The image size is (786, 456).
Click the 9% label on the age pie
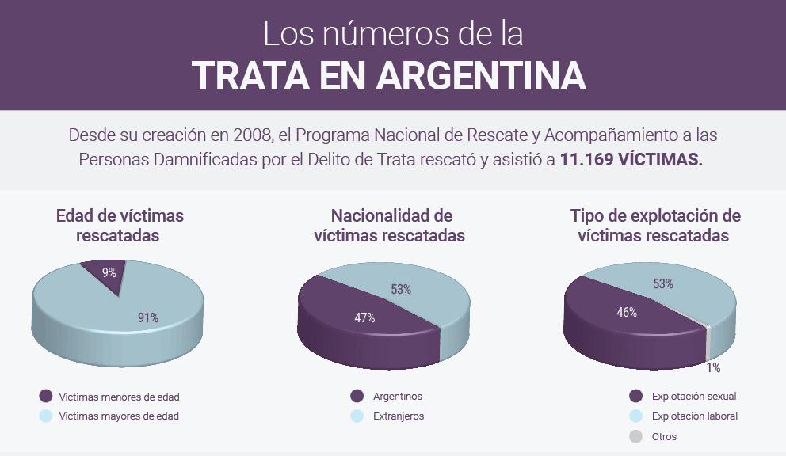tap(109, 273)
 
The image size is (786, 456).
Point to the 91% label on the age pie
tap(148, 318)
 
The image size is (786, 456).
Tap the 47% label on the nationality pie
tap(364, 317)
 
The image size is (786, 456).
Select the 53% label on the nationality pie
tap(401, 289)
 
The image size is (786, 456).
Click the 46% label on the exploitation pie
tap(627, 312)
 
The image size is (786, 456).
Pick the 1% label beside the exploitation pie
tap(713, 367)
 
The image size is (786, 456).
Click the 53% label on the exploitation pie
tap(663, 283)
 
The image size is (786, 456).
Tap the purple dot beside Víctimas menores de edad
tap(45, 397)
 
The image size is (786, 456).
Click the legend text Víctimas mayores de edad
tap(119, 416)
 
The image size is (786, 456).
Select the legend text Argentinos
tap(398, 397)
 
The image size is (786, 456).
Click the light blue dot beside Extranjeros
tap(357, 416)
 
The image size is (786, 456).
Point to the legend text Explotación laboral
tap(694, 416)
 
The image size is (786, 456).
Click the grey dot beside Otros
tap(635, 436)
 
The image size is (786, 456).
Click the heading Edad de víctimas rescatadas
tap(119, 225)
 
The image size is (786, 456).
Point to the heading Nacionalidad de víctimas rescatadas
tap(391, 225)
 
